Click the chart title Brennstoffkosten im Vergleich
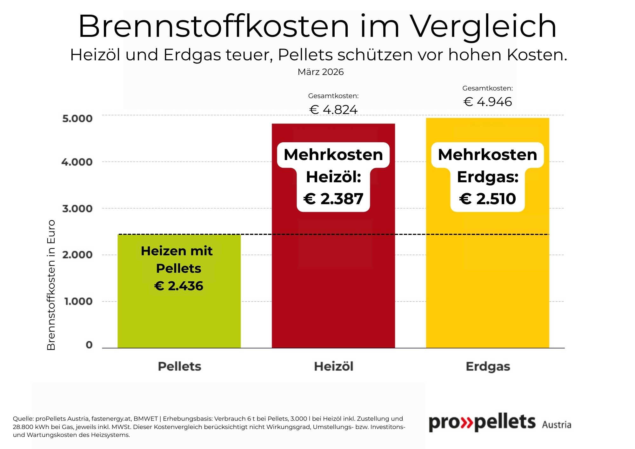point(317,26)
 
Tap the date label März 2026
point(320,72)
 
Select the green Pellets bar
point(179,318)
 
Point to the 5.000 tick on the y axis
point(77,118)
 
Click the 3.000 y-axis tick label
point(77,209)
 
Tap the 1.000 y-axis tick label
point(78,301)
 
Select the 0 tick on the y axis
point(89,345)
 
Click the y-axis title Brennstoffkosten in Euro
point(51,285)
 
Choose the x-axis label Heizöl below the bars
point(333,366)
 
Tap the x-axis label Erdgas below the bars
point(488,366)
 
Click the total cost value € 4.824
point(333,110)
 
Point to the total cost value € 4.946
point(488,102)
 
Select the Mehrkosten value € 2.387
point(333,199)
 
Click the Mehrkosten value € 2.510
point(488,199)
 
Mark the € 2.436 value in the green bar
point(179,286)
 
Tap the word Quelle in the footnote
point(23,419)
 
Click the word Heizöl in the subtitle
point(95,55)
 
